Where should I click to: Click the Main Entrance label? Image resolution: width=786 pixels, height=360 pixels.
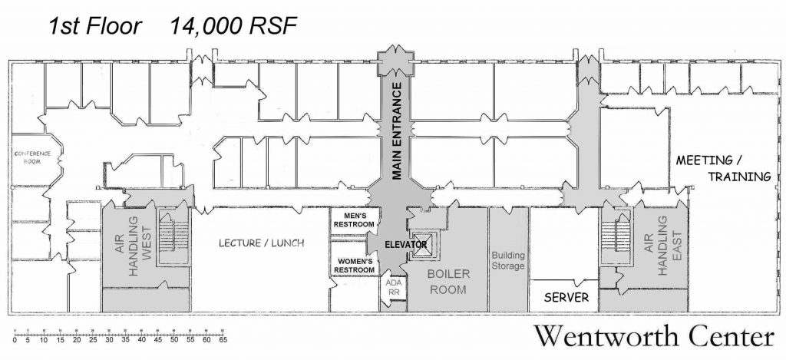tap(397, 130)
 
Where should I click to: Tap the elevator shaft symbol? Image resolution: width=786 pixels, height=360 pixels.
tap(424, 243)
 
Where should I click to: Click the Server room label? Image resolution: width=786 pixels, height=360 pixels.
tap(566, 297)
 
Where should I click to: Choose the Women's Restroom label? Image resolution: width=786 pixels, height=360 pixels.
tap(355, 265)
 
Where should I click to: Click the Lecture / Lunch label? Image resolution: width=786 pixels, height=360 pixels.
tap(262, 243)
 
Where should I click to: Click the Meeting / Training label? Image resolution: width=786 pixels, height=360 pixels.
tap(722, 168)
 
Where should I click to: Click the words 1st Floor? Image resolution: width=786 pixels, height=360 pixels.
tap(95, 26)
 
